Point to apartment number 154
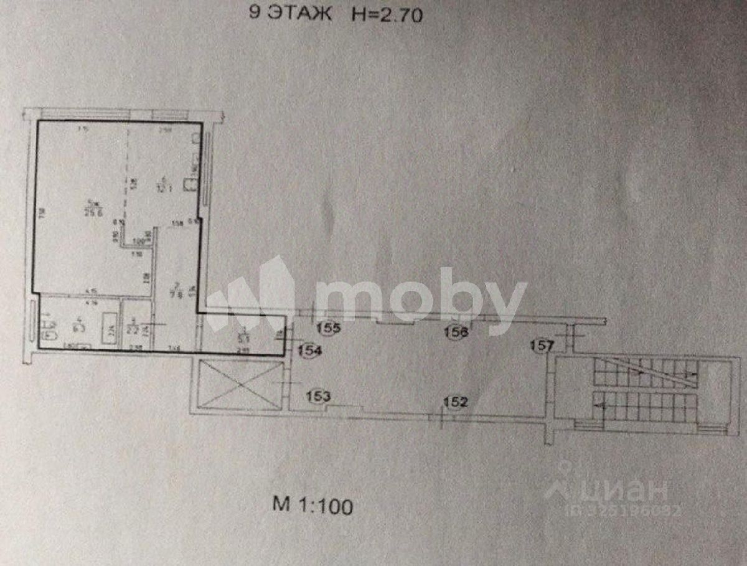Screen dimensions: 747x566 pyautogui.click(x=309, y=351)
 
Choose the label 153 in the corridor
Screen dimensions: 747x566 pyautogui.click(x=318, y=395)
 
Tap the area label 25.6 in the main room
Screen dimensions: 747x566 pyautogui.click(x=95, y=209)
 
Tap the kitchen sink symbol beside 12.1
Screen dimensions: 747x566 pyautogui.click(x=189, y=183)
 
